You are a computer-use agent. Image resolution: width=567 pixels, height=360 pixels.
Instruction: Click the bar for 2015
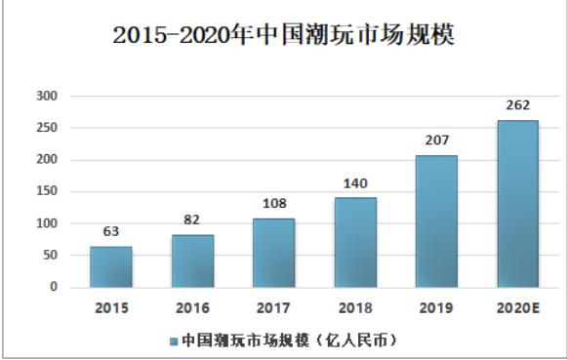pos(111,266)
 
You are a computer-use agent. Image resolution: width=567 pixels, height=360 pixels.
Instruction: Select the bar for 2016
pos(192,260)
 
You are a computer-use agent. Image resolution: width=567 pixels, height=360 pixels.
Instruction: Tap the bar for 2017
pos(273,253)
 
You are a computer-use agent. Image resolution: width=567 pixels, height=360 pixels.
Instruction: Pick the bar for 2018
pos(354,242)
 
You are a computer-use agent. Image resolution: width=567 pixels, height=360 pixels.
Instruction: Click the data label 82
pos(192,220)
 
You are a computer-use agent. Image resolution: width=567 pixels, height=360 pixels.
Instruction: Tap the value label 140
pos(354,183)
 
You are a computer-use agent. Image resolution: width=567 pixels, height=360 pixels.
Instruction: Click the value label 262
pos(517,106)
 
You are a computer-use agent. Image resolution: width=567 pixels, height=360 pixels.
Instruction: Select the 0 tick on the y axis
pos(55,288)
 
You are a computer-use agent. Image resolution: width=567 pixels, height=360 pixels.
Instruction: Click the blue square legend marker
pos(173,341)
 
